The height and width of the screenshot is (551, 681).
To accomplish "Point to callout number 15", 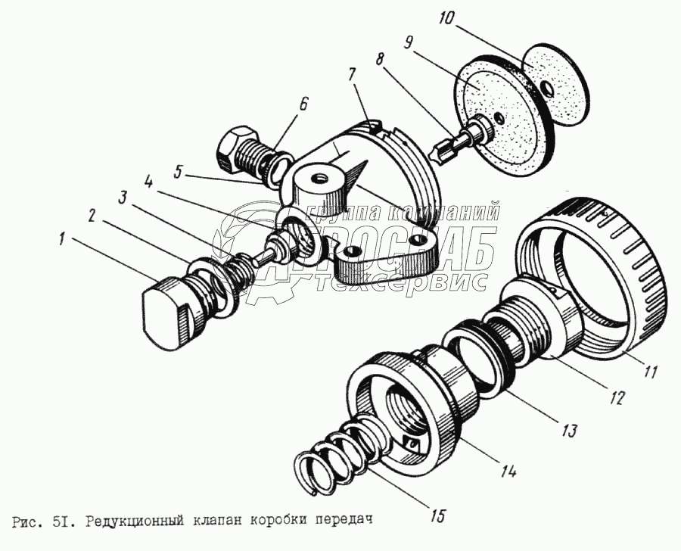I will (437, 517).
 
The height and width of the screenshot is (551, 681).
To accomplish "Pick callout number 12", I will (617, 398).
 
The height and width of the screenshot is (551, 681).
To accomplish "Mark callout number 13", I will (568, 431).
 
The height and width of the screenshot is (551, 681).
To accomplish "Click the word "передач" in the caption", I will (344, 521).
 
